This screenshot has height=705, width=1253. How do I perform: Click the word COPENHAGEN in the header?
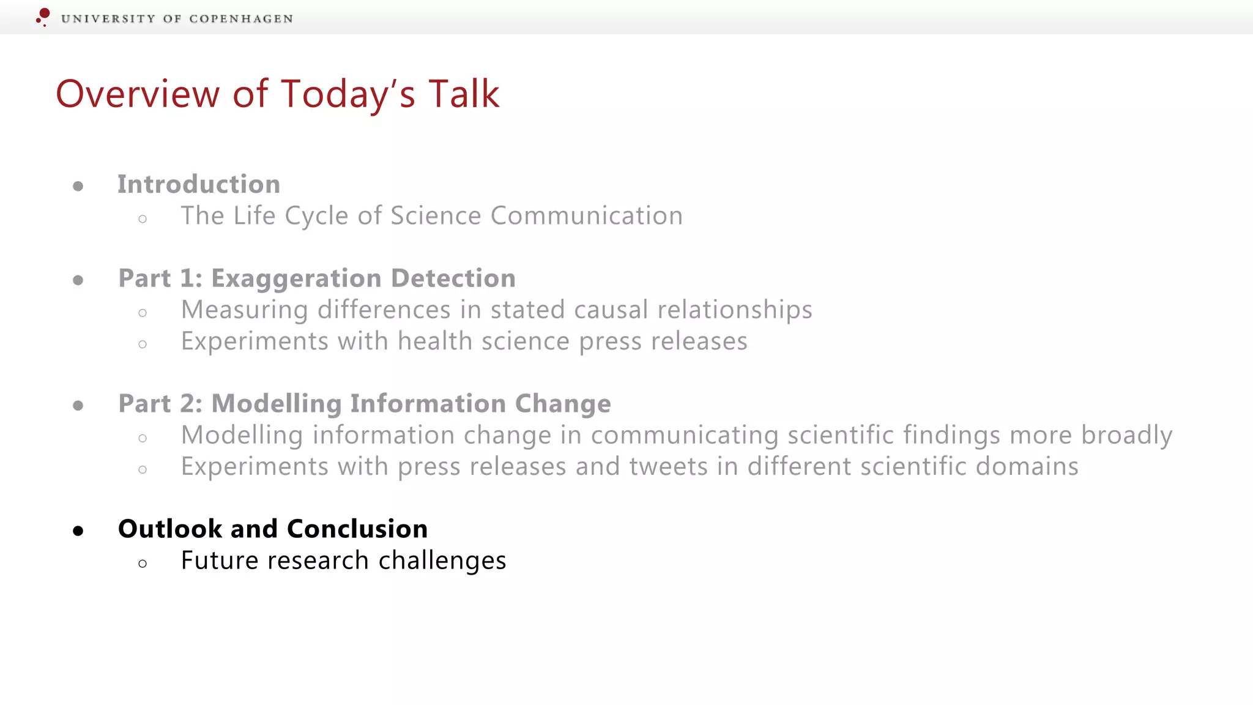coord(241,19)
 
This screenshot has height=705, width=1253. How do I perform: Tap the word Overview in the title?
coord(138,94)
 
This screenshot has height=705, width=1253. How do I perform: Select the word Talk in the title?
coord(464,94)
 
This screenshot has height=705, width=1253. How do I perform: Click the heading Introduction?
coord(199,184)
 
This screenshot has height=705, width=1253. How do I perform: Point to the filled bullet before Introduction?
coord(78,186)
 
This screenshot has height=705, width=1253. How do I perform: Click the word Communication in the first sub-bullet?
coord(586,215)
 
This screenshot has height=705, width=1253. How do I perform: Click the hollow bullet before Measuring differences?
coord(143,313)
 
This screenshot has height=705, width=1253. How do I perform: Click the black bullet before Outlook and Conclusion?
coord(78,531)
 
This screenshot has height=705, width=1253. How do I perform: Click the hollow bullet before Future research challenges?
coord(143,564)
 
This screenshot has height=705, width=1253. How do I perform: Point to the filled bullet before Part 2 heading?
coord(78,405)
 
